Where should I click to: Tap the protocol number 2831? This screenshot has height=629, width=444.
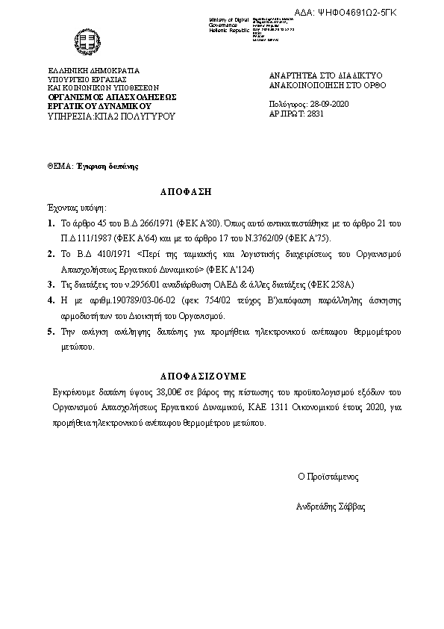[316, 115]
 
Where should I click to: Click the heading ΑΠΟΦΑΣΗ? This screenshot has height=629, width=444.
[186, 192]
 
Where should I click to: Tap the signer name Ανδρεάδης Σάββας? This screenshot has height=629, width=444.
[331, 506]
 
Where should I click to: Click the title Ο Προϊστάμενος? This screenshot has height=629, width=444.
[328, 475]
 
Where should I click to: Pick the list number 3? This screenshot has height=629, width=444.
[50, 284]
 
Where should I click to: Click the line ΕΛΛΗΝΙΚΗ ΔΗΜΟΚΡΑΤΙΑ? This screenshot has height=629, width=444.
[93, 70]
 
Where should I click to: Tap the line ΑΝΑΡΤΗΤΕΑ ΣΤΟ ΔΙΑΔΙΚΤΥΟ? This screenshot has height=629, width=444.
[325, 76]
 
